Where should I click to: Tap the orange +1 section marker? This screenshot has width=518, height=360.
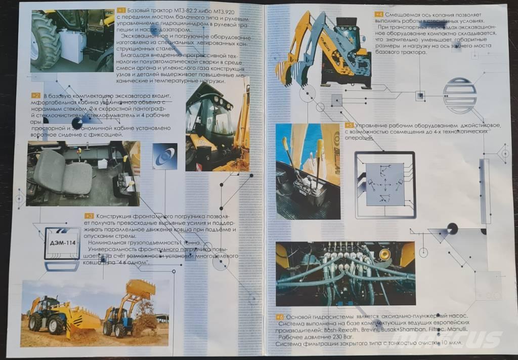tap(121, 10)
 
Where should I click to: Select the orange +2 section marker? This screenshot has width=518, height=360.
tap(35, 95)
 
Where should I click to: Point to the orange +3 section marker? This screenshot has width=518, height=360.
tap(89, 215)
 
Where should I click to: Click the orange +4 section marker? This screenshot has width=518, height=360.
tap(379, 14)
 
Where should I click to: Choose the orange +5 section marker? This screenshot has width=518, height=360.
tap(349, 125)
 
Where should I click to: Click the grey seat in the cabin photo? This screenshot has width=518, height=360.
tap(63, 173)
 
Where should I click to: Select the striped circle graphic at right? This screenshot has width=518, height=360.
tap(459, 95)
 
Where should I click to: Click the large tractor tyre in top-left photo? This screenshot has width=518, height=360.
tap(45, 41)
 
